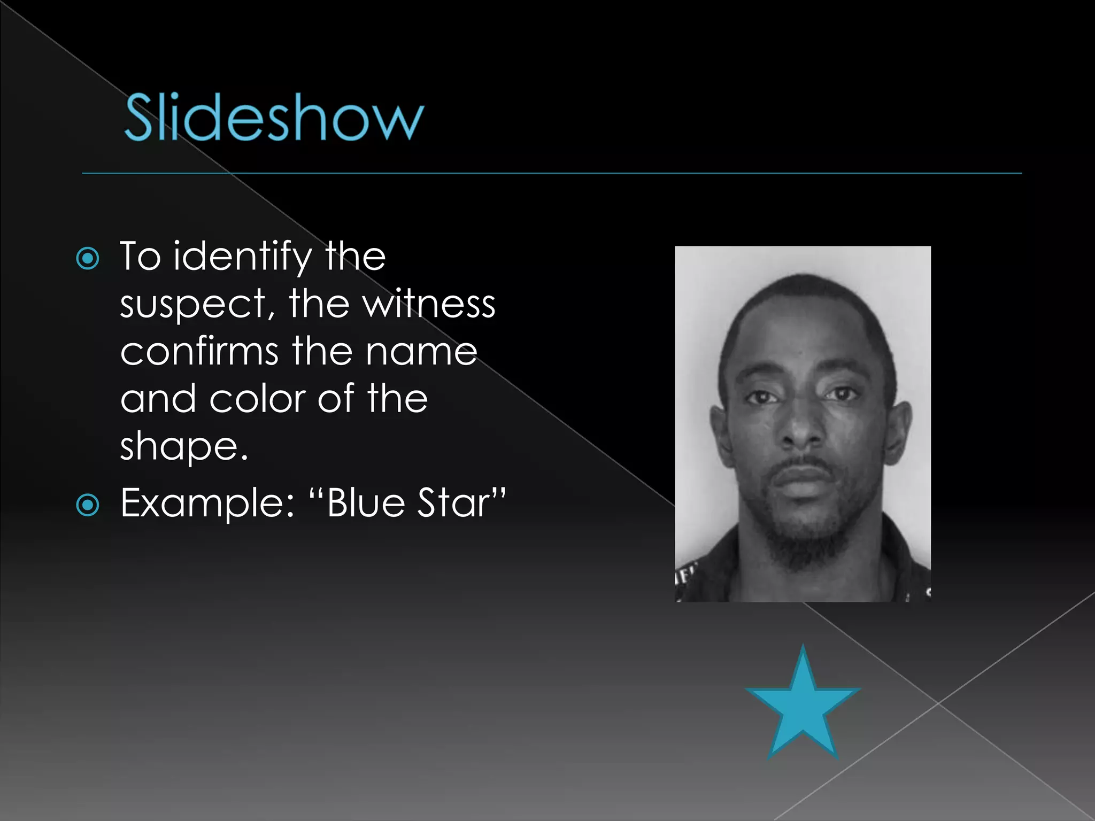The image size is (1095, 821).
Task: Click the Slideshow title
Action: pyautogui.click(x=274, y=118)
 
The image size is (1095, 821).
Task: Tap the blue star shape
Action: pyautogui.click(x=802, y=703)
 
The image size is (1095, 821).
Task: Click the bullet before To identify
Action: pyautogui.click(x=88, y=259)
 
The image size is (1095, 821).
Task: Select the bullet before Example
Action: pyautogui.click(x=88, y=505)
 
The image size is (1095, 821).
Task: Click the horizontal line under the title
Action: pyautogui.click(x=551, y=174)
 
